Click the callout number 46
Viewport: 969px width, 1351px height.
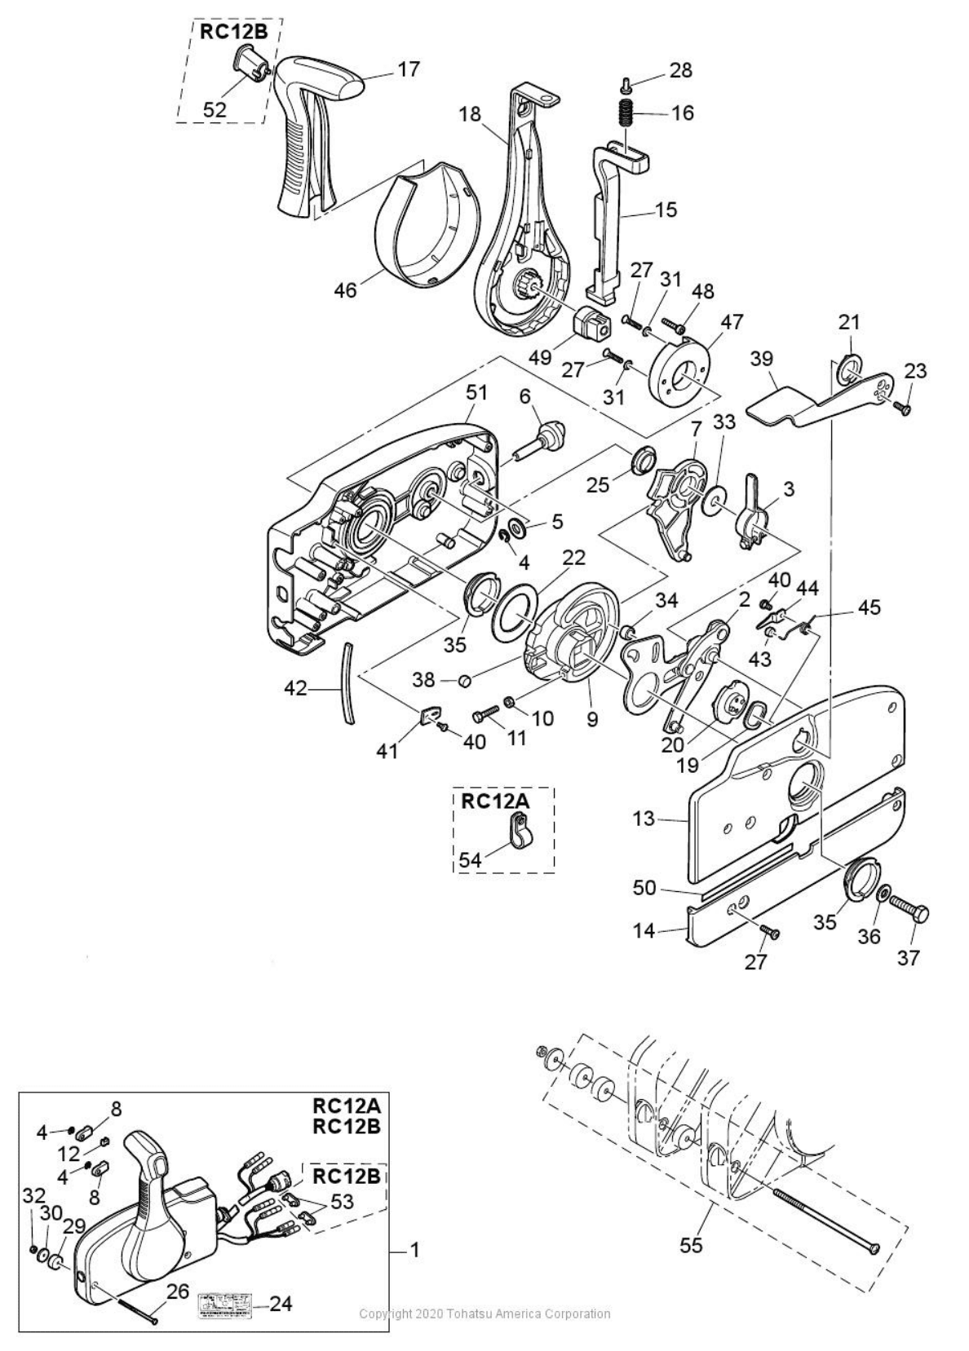click(346, 289)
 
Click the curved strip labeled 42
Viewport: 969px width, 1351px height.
click(348, 682)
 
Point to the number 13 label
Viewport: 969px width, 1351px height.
click(643, 818)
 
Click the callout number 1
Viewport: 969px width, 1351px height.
click(414, 1250)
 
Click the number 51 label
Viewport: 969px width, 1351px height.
click(476, 392)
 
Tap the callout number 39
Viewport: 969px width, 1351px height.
click(762, 359)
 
